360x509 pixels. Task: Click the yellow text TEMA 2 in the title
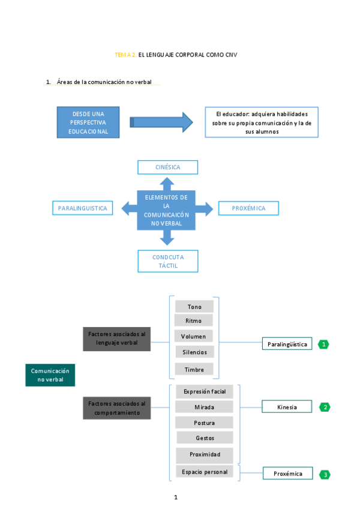coord(125,55)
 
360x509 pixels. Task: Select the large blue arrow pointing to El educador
coord(161,122)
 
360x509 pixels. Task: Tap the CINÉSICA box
coord(167,167)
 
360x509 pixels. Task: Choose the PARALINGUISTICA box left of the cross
coord(83,208)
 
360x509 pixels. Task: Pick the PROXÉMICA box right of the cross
coord(248,208)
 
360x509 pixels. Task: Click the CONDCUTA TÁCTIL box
coord(167,261)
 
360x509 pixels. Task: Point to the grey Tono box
coord(194,307)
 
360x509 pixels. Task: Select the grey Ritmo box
coord(194,321)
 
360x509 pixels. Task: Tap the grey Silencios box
coord(194,352)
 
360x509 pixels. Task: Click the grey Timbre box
coord(194,370)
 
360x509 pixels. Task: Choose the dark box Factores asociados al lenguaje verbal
coord(116,339)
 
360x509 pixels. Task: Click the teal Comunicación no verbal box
coord(50,375)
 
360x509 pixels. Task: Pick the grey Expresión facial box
coord(204,391)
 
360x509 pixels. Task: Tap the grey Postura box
coord(204,423)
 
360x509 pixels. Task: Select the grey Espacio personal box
coord(204,472)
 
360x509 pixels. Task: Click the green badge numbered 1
coord(323,345)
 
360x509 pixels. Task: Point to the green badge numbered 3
coord(325,475)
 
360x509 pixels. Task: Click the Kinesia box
coord(287,407)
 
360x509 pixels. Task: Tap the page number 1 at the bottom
coord(176,497)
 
